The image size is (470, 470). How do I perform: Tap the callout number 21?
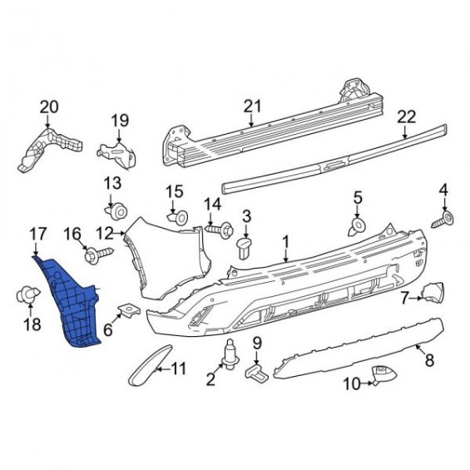252,106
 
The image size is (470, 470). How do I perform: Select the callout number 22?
407,117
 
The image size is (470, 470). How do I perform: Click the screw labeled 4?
443,220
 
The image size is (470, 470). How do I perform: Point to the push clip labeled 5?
356,226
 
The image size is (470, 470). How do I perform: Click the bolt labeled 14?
220,230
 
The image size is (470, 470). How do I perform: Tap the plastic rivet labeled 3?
245,248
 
